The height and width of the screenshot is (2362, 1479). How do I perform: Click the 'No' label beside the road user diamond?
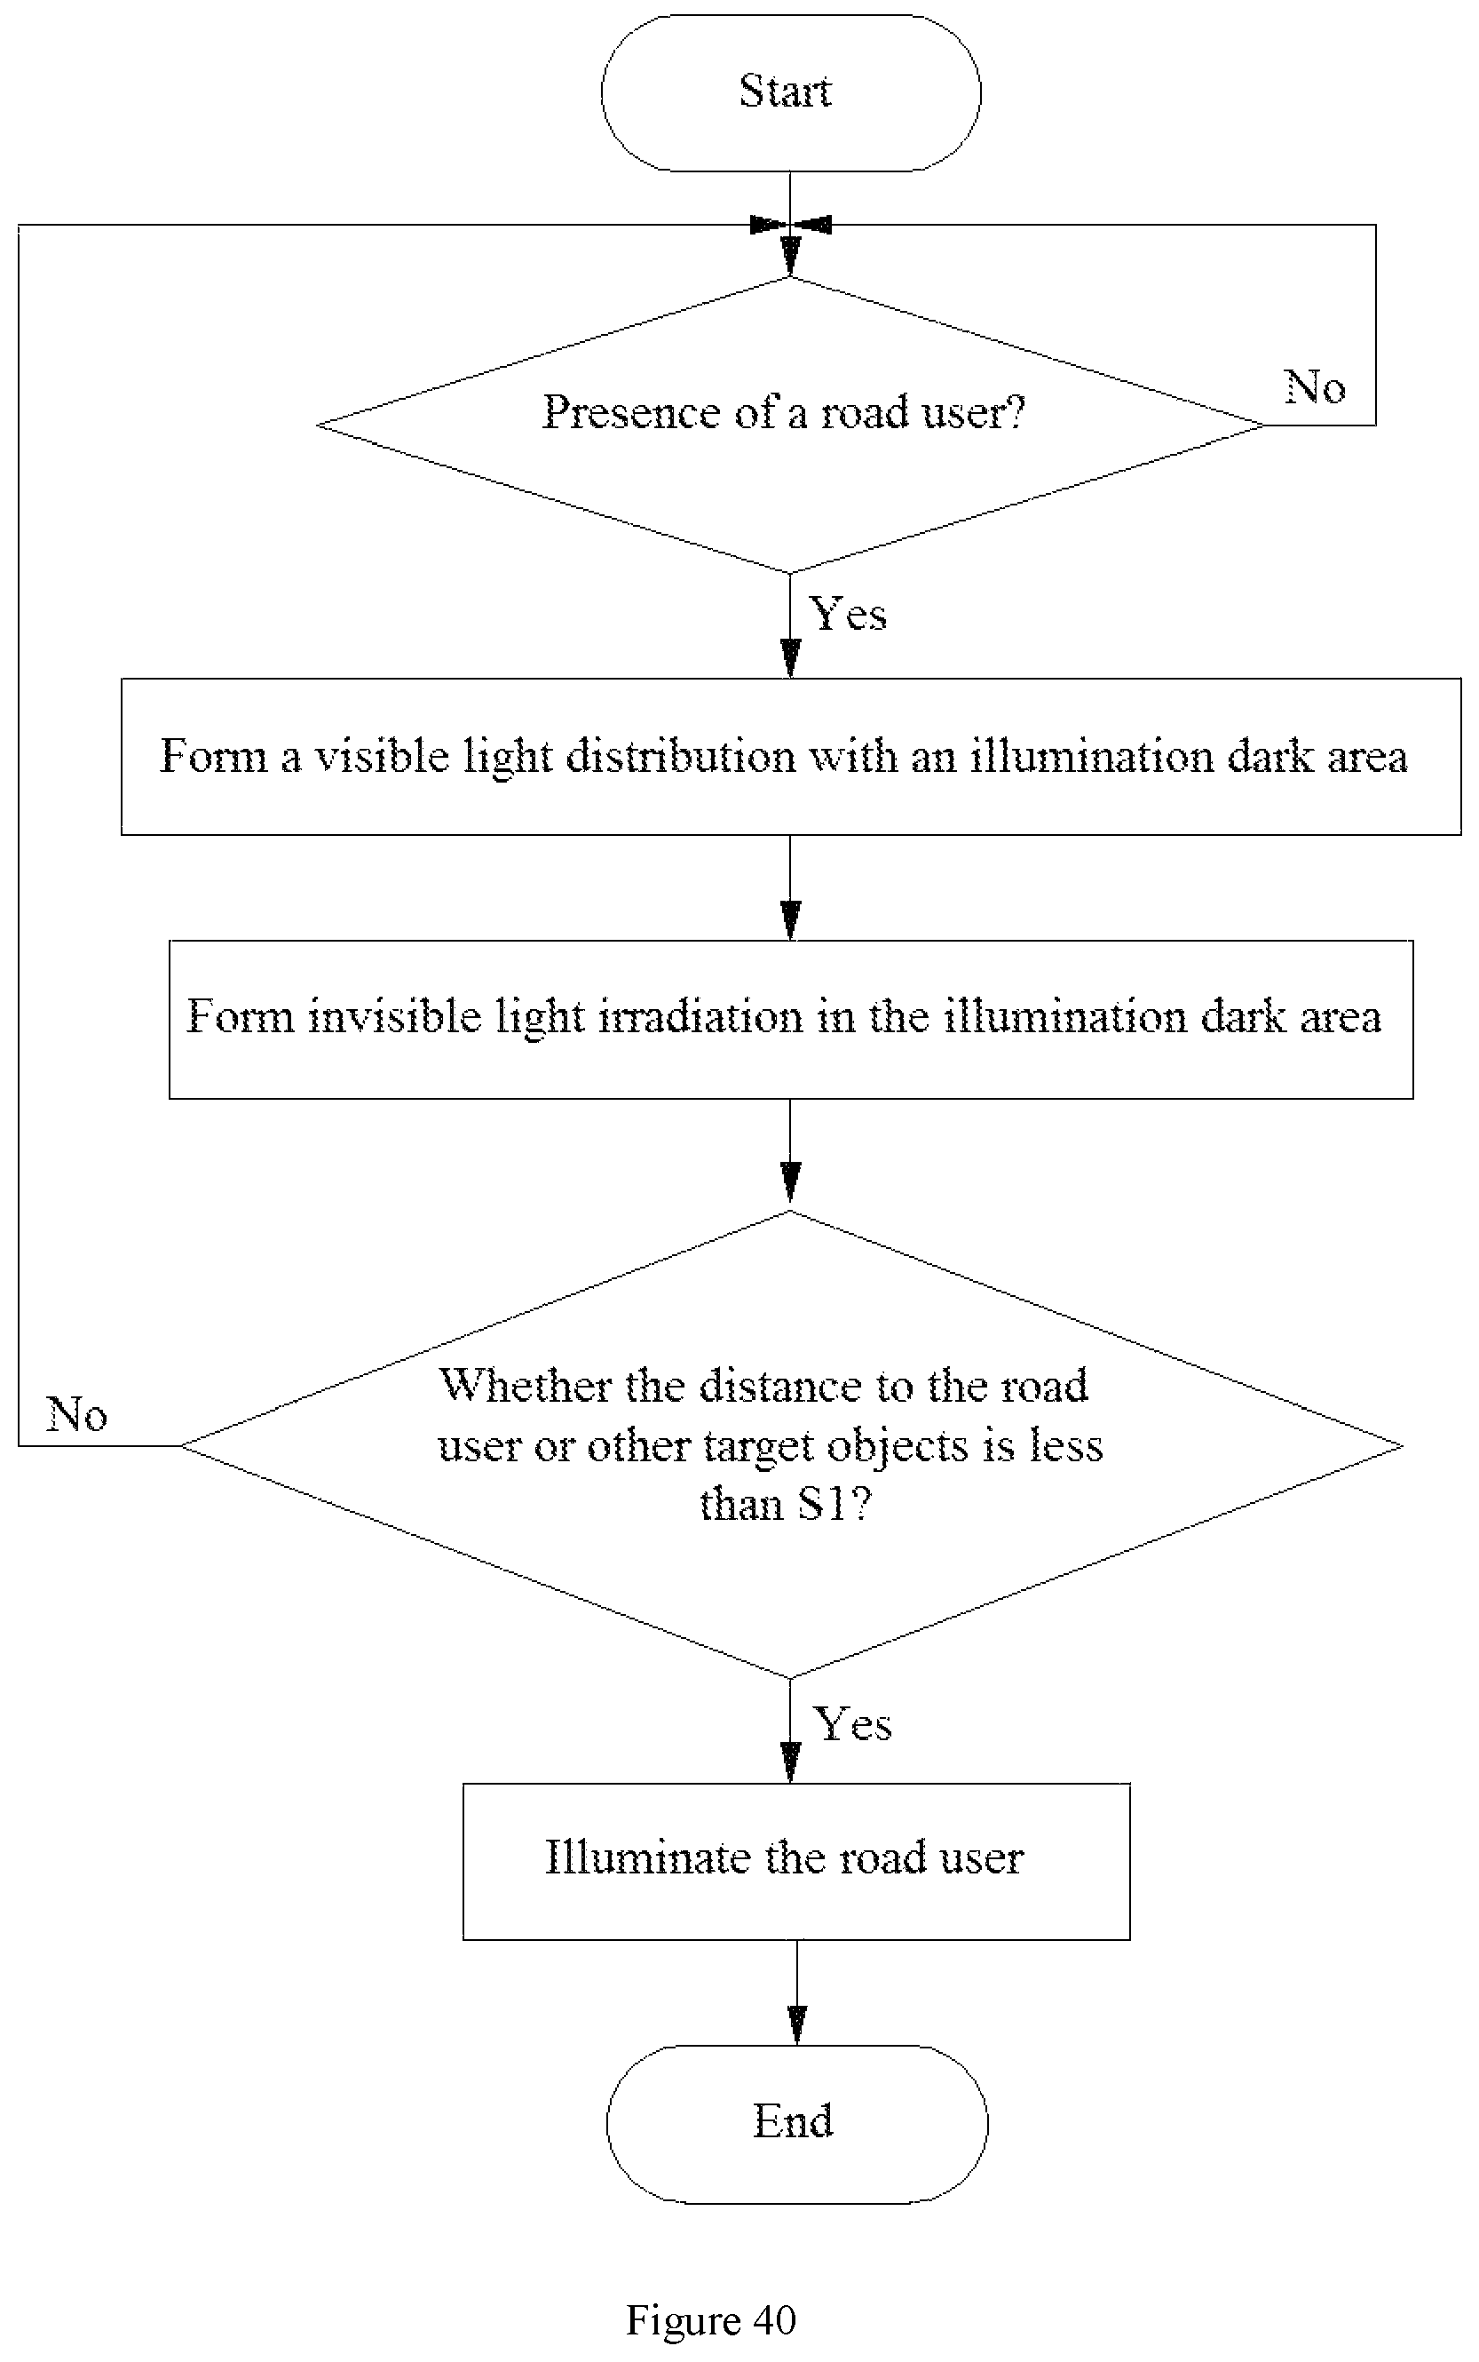pyautogui.click(x=1315, y=387)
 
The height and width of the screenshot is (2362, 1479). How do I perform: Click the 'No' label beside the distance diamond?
pyautogui.click(x=76, y=1414)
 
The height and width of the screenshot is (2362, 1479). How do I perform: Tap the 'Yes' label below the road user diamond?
pyautogui.click(x=849, y=615)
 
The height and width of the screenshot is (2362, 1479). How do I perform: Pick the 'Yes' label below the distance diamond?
pyautogui.click(x=853, y=1723)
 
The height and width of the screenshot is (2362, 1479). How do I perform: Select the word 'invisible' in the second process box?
pyautogui.click(x=394, y=1015)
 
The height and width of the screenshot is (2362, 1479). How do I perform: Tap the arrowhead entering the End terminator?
pyautogui.click(x=796, y=2027)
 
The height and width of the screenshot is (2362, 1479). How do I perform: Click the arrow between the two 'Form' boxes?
pyautogui.click(x=790, y=887)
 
